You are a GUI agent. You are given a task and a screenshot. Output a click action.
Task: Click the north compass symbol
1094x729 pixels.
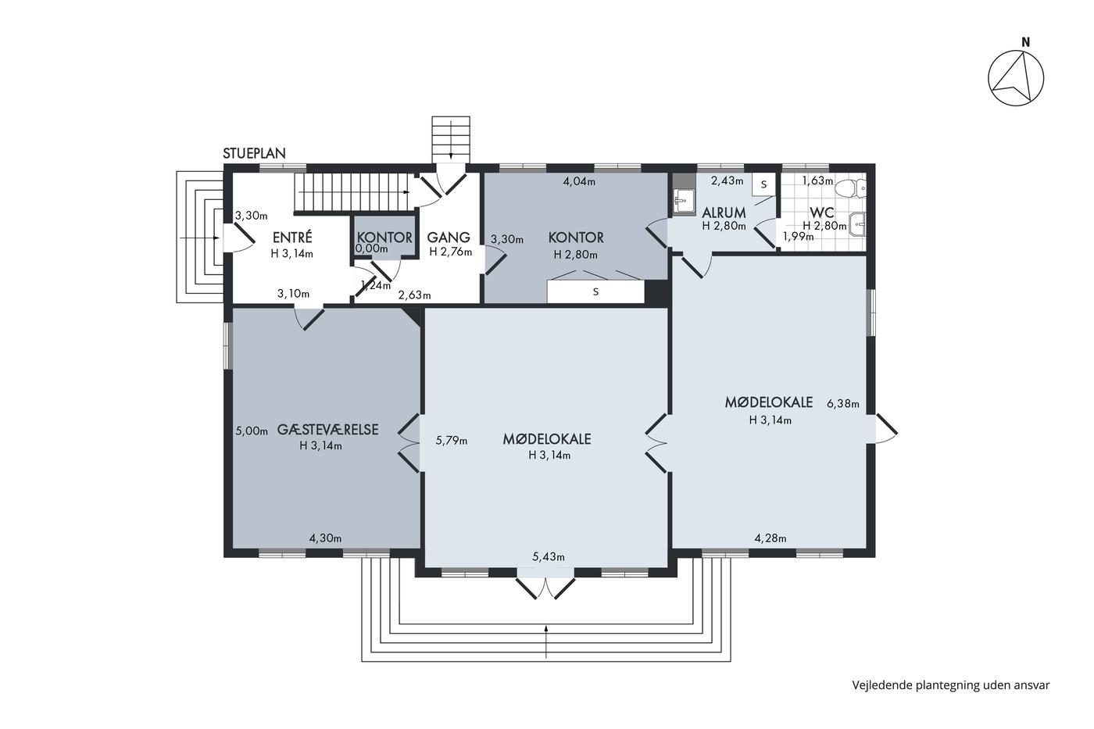click(1016, 78)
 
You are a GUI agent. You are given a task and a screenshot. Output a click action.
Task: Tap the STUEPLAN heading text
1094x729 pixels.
click(254, 153)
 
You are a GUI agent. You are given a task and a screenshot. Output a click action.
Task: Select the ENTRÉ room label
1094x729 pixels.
click(292, 238)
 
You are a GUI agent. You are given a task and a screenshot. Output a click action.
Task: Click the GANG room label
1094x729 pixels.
click(449, 238)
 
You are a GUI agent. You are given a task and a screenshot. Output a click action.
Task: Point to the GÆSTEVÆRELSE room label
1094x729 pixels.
click(327, 430)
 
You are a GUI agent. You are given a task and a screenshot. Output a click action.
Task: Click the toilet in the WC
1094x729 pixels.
click(850, 188)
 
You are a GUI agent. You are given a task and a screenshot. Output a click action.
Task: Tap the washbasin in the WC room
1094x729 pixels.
click(857, 224)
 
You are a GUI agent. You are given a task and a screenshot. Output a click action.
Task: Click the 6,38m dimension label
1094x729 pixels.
click(843, 404)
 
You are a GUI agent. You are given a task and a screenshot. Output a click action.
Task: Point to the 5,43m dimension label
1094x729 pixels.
click(549, 556)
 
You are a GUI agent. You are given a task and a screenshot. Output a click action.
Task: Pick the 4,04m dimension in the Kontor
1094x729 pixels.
click(579, 181)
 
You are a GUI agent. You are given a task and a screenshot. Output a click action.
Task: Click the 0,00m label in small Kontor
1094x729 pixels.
click(372, 248)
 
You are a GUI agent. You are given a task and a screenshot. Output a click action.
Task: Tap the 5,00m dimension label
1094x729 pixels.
click(252, 431)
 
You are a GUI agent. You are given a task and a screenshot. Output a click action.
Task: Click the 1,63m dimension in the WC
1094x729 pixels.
click(817, 180)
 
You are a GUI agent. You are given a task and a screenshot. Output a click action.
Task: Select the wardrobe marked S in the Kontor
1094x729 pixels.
click(595, 292)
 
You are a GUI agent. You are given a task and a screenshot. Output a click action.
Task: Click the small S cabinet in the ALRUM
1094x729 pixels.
click(764, 184)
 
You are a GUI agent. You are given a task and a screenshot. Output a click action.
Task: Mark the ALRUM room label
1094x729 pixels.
click(724, 213)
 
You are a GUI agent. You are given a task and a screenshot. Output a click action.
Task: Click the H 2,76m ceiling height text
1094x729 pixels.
click(451, 252)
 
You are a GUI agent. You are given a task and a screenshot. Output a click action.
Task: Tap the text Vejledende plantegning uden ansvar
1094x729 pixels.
click(951, 685)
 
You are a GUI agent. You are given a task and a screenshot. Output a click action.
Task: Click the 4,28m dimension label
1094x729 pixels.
click(770, 538)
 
